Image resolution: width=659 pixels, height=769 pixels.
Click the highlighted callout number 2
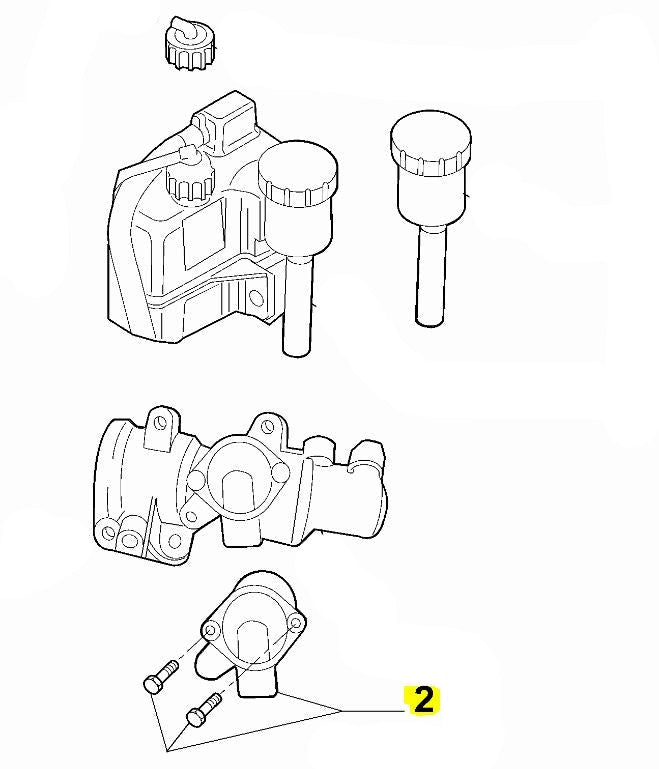(x=424, y=700)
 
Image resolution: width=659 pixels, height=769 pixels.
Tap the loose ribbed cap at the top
(x=191, y=44)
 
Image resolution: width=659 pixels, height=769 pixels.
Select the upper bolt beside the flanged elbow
(x=161, y=677)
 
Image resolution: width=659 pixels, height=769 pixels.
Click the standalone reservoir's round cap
(x=431, y=143)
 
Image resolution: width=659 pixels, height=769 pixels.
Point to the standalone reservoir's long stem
(x=431, y=275)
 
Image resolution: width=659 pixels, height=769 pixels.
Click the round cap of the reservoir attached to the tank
(x=298, y=173)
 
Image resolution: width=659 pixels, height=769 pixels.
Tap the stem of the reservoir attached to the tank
(x=297, y=304)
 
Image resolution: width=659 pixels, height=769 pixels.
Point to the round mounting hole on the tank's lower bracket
(x=256, y=298)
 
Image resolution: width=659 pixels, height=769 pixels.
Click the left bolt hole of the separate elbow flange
(x=212, y=630)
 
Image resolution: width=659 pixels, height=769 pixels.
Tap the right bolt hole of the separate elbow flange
(x=296, y=624)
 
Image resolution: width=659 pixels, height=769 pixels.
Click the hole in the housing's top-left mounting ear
(x=161, y=422)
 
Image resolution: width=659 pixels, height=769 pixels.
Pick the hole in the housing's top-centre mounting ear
(x=268, y=427)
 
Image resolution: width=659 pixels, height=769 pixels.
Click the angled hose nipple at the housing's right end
(x=368, y=454)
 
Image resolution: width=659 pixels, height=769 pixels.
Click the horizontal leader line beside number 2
(x=373, y=711)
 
